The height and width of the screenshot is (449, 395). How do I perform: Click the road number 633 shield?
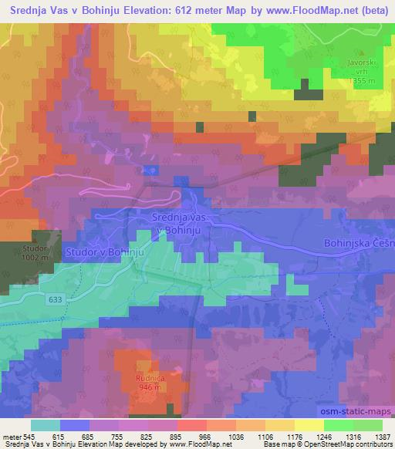53,299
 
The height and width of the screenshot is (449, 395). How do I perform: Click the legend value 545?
29,436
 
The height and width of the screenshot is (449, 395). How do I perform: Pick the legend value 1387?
382,436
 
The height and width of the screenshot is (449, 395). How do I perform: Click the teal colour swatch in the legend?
46,425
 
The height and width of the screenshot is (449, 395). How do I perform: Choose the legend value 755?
118,436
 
